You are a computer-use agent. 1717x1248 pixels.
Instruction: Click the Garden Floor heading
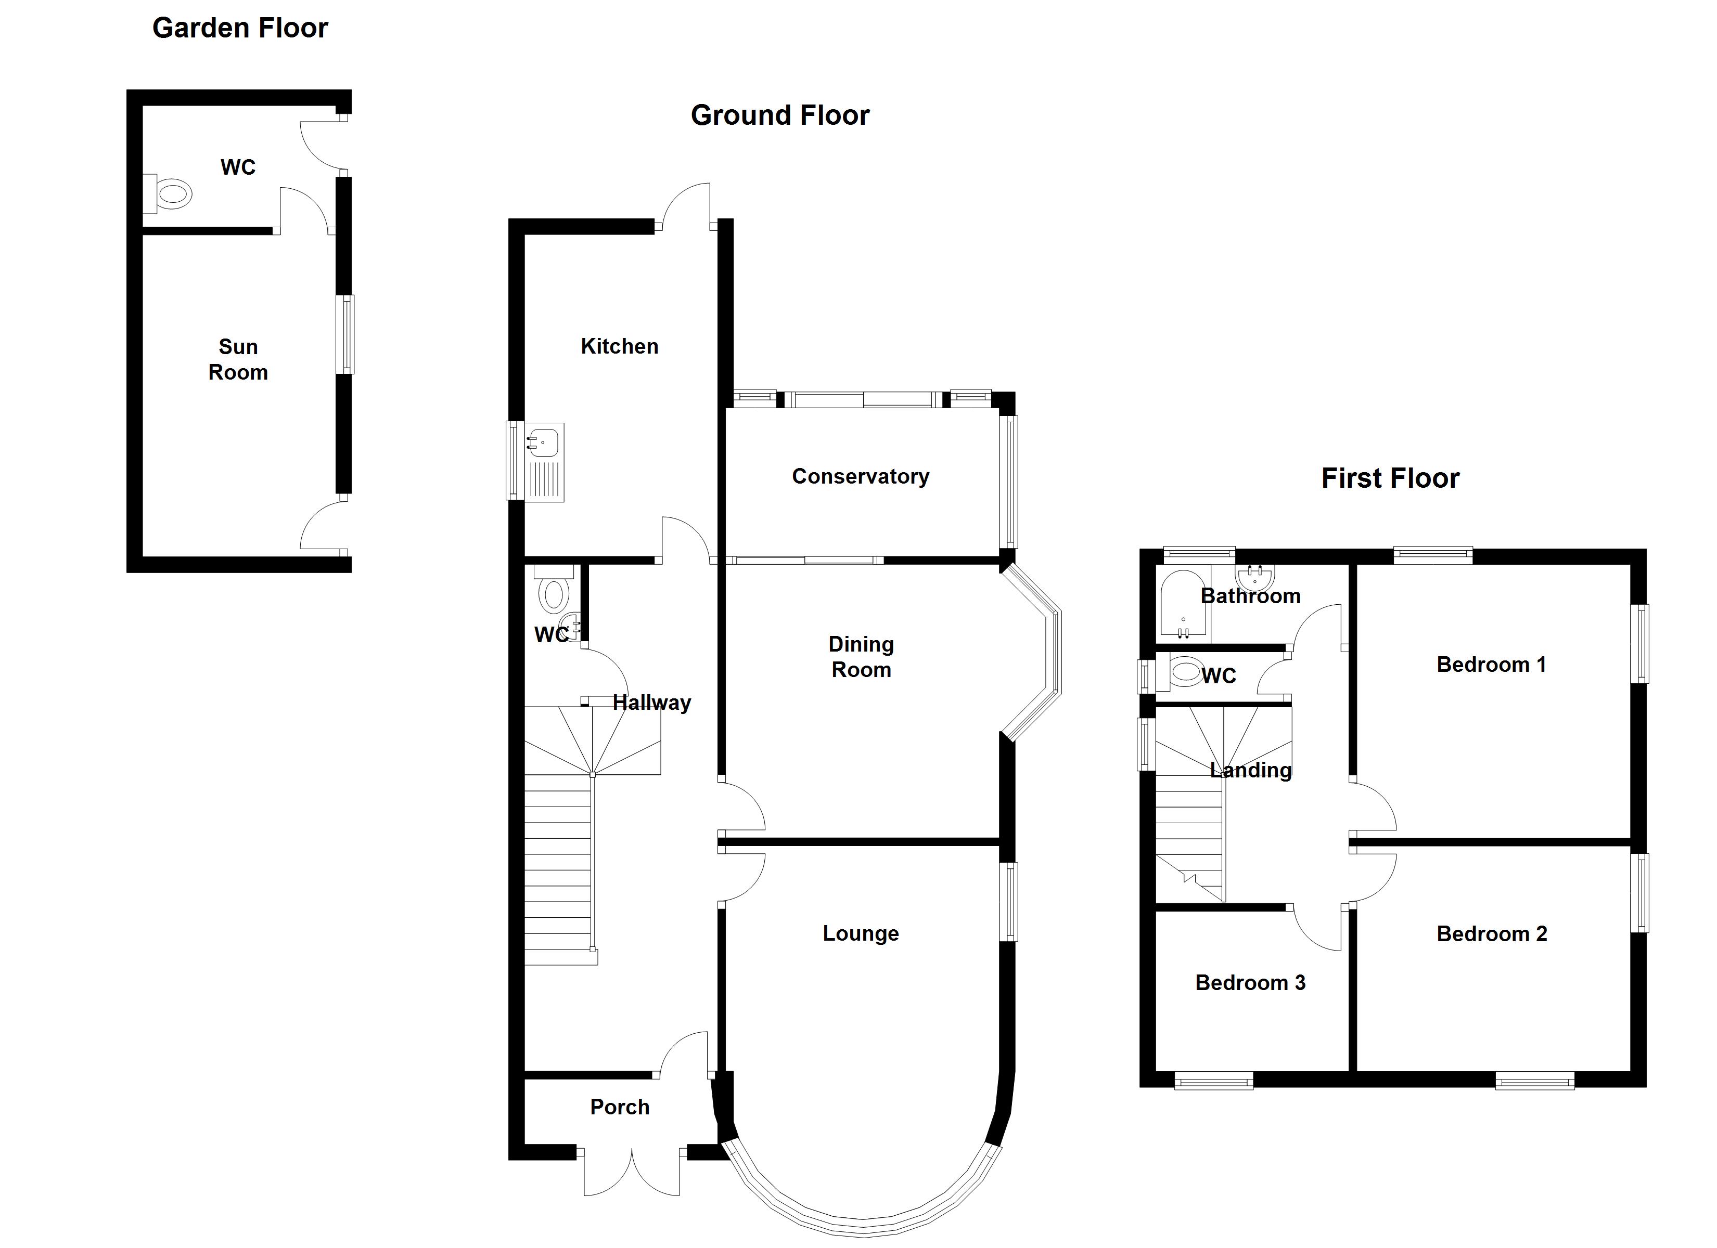(x=240, y=28)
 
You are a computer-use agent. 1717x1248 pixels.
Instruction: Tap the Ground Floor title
(x=780, y=115)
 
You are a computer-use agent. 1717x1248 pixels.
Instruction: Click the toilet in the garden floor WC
(x=170, y=194)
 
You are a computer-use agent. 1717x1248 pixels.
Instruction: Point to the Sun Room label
(x=238, y=359)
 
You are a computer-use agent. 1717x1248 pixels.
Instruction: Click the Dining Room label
(x=861, y=657)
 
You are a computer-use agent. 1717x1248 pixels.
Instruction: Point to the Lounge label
(x=861, y=933)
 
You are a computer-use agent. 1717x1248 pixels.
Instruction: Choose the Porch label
(x=619, y=1107)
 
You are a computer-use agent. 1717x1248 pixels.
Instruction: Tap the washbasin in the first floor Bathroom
(x=1254, y=577)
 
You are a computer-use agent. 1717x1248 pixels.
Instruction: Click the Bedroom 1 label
(x=1491, y=665)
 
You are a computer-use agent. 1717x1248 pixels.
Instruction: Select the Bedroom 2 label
(x=1491, y=934)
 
